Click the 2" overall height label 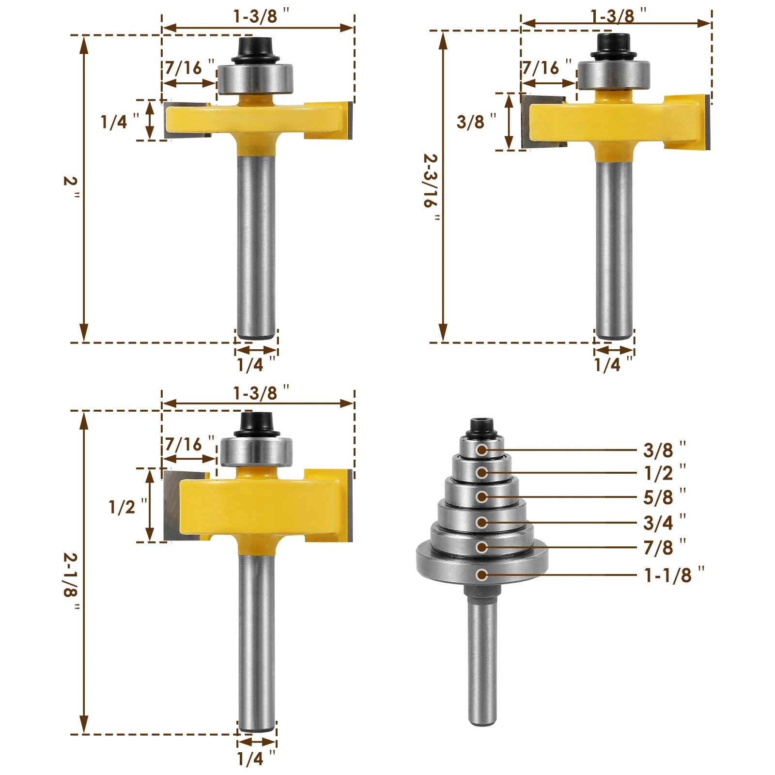click(x=71, y=187)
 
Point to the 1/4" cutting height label click(x=119, y=121)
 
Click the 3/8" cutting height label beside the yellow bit click(x=476, y=121)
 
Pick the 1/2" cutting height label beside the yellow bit click(x=127, y=507)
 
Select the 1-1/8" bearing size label click(x=674, y=575)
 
